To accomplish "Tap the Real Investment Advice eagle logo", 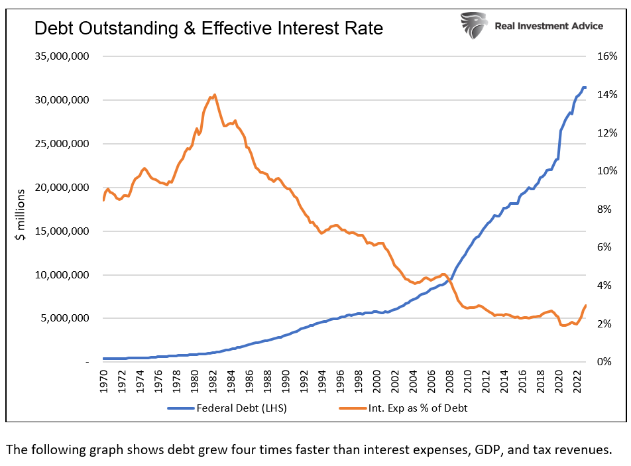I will [475, 25].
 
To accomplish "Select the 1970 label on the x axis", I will [105, 382].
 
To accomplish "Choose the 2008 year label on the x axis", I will [449, 382].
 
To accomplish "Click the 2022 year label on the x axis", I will [576, 382].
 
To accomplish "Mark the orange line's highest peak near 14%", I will [213, 95].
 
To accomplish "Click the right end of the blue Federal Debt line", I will [585, 87].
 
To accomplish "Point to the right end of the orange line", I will [586, 306].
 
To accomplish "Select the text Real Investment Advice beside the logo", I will [549, 26].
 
